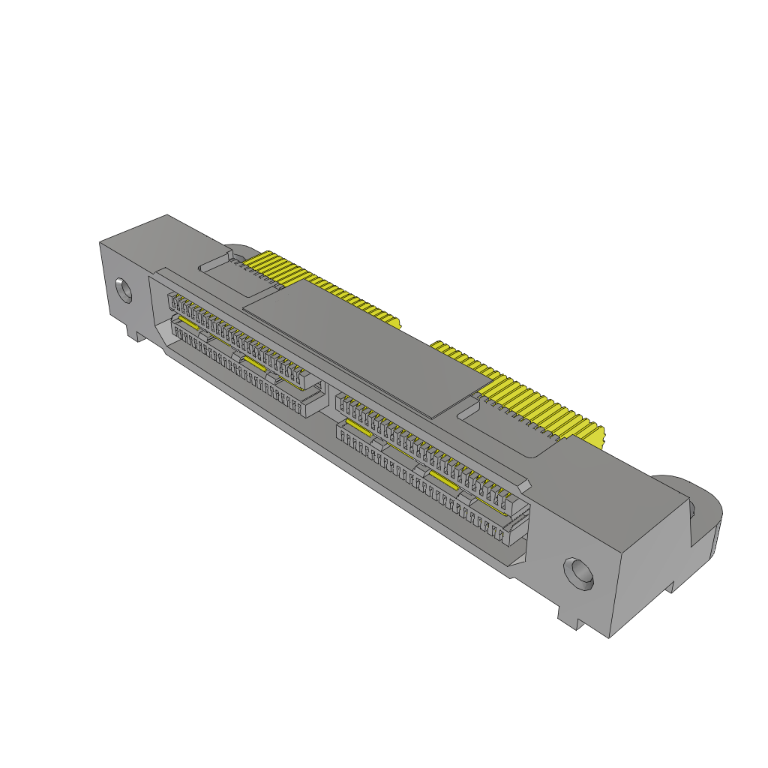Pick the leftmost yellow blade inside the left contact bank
tap(187, 328)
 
